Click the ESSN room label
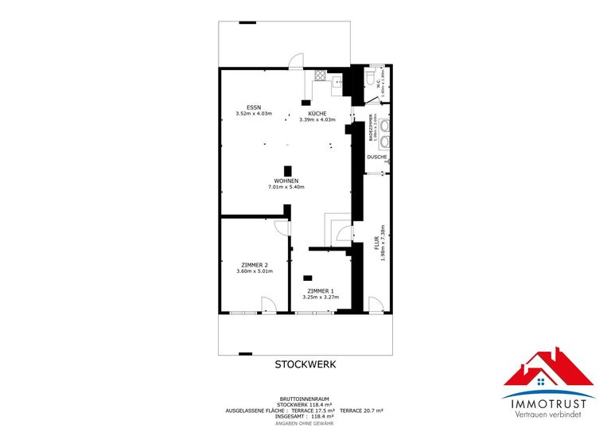(254, 107)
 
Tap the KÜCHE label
(317, 113)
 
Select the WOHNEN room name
(286, 181)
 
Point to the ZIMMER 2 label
(255, 264)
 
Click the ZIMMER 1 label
(321, 290)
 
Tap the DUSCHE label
(377, 157)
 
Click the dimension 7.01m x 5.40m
(286, 188)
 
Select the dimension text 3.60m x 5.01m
(255, 271)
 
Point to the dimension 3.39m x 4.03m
(317, 120)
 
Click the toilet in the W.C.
(372, 77)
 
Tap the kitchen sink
(337, 79)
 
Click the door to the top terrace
(295, 62)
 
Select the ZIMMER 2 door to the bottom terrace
(268, 305)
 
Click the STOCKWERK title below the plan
(305, 364)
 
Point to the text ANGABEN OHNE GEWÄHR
(306, 422)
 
